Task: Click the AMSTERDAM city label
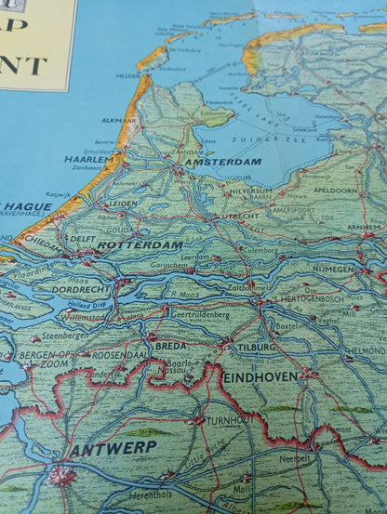223,162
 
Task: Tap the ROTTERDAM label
140,244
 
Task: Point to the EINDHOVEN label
260,376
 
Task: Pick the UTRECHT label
240,216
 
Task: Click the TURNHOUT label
227,420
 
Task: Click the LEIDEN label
123,203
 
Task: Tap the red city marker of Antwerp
63,476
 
